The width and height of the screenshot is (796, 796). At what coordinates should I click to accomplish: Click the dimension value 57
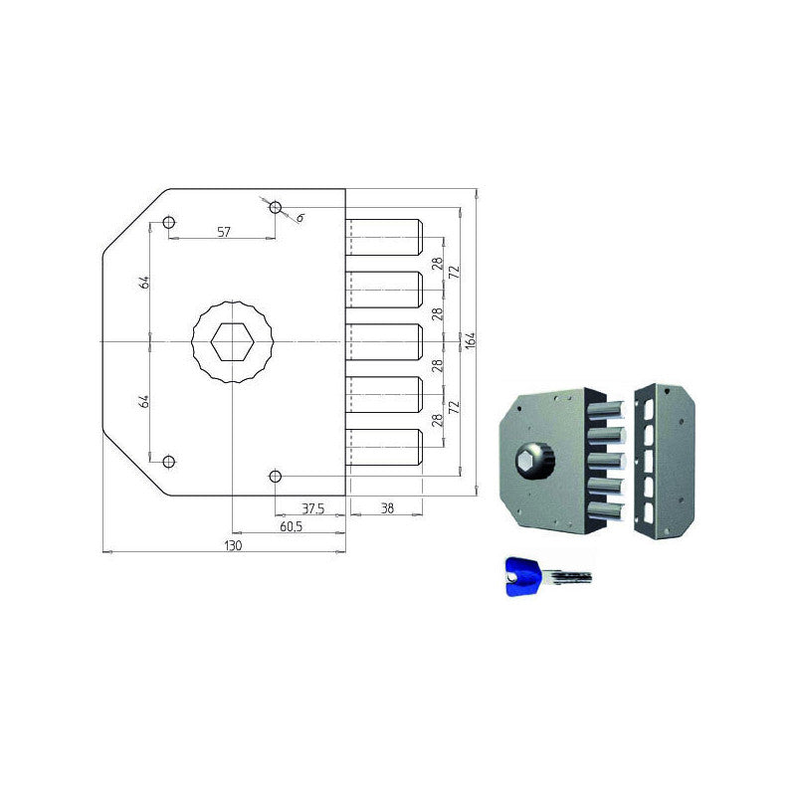[224, 231]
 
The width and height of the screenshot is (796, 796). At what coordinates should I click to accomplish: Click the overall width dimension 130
[232, 545]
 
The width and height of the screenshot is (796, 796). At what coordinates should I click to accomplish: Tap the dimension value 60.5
[291, 525]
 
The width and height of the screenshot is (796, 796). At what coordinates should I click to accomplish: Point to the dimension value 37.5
[312, 508]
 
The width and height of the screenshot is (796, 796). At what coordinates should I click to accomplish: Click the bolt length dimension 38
[387, 508]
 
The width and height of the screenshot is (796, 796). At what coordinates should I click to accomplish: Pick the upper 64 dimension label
[145, 282]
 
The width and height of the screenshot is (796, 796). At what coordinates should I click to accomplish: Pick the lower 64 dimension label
[145, 401]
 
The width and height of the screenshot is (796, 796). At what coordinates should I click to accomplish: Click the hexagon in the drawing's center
[231, 342]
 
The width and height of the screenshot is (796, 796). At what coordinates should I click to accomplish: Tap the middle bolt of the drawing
[386, 341]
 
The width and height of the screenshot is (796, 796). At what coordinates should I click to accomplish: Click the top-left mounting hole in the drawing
[169, 221]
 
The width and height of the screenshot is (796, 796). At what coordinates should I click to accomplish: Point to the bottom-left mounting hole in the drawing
[169, 461]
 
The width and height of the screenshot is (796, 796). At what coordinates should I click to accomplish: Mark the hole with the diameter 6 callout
[276, 208]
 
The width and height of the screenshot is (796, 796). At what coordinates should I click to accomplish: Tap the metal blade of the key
[569, 578]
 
